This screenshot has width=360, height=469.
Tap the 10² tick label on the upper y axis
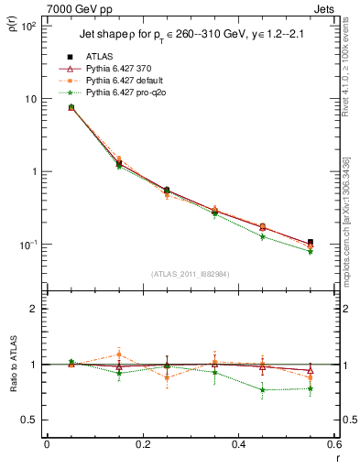click(x=27, y=26)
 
